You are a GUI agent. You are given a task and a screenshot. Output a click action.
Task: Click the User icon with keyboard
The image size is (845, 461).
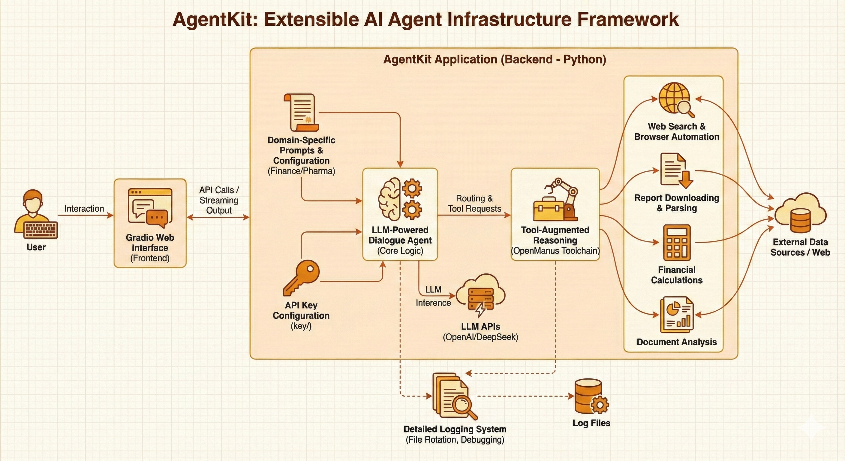35,215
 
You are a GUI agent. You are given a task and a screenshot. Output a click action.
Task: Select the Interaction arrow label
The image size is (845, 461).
84,209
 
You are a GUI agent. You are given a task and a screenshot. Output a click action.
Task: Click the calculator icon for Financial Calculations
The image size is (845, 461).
676,243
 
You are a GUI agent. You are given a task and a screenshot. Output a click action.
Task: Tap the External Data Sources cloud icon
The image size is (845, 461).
800,213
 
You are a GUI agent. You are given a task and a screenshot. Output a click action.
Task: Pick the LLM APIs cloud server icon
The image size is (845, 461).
480,295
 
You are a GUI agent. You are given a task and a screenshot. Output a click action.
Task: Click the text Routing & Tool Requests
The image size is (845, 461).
474,203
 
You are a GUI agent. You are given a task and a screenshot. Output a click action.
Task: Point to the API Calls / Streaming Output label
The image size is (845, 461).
219,200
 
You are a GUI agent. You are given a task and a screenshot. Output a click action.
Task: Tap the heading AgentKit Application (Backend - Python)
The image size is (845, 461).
494,59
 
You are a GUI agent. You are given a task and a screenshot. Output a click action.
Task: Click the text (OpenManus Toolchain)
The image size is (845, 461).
555,251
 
